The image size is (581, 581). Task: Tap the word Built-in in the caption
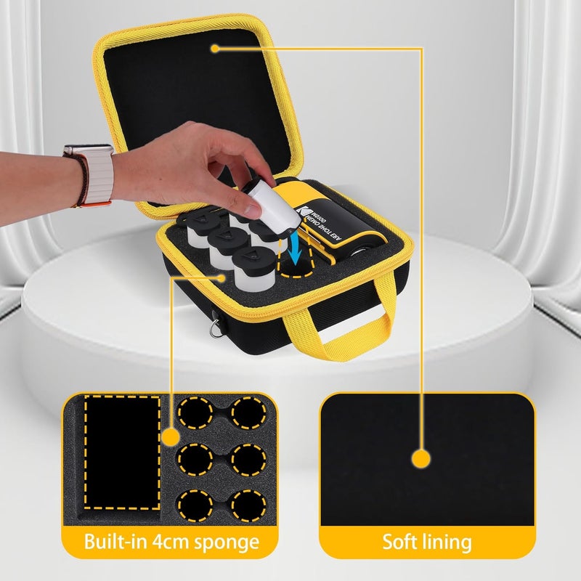tap(115, 542)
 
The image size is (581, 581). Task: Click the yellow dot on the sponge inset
tap(171, 437)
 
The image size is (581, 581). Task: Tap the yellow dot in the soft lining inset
tap(419, 458)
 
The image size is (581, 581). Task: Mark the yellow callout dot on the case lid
tap(216, 49)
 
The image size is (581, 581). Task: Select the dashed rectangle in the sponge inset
tap(122, 452)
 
